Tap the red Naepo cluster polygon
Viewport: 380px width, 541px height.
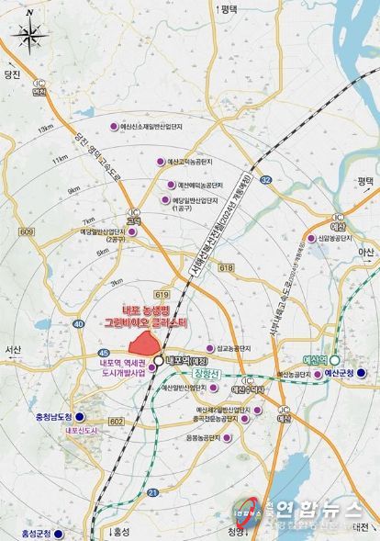(x=142, y=343)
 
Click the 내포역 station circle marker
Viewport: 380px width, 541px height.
(x=160, y=362)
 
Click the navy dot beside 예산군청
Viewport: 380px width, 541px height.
(x=362, y=373)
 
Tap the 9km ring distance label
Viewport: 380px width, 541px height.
(x=73, y=190)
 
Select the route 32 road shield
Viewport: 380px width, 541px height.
(x=263, y=181)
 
